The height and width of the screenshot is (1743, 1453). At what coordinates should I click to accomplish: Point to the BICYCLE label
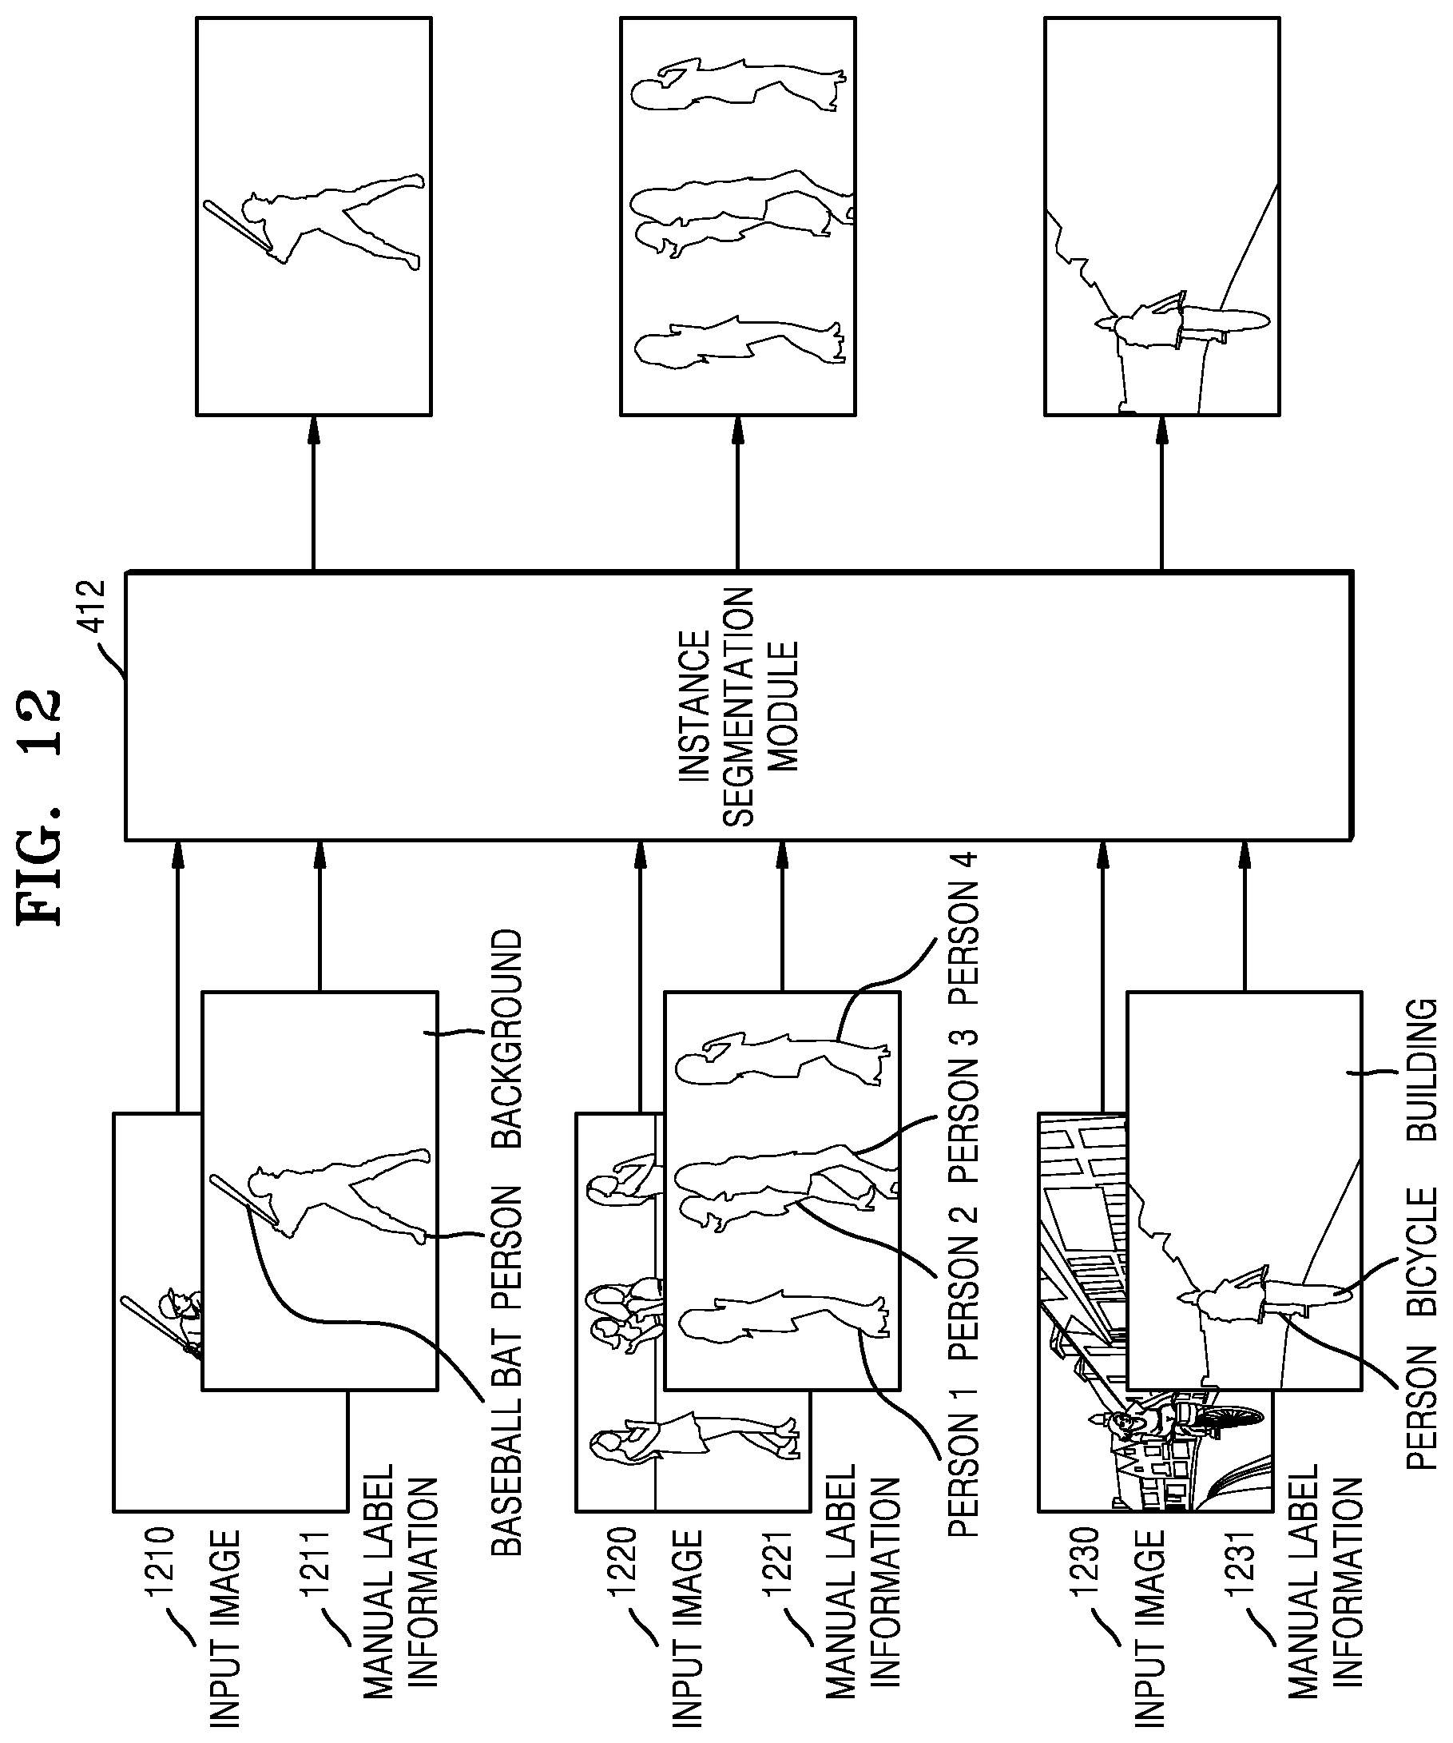pyautogui.click(x=1423, y=1252)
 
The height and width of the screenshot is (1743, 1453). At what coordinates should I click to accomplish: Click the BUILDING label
pyautogui.click(x=1423, y=1068)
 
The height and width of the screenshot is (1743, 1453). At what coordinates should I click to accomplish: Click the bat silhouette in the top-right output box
pyautogui.click(x=237, y=228)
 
